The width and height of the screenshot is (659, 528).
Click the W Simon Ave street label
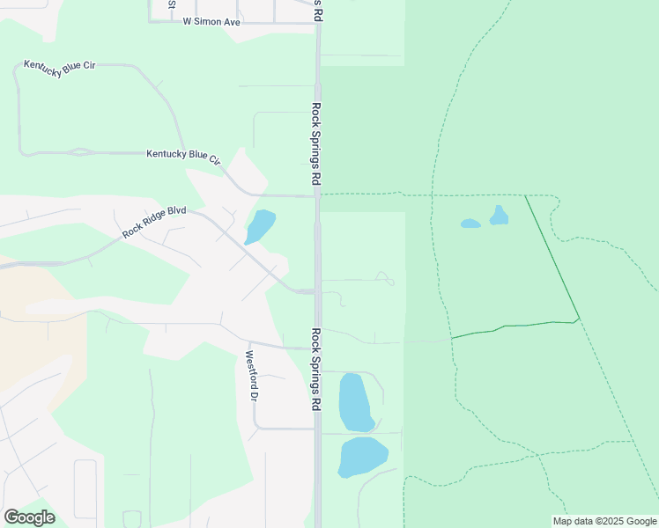[211, 21]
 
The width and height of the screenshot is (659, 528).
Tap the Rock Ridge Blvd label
[155, 221]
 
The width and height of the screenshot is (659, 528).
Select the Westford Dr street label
[251, 377]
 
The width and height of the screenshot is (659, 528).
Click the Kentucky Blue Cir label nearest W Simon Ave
[60, 70]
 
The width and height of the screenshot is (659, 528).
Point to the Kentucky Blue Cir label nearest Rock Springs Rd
[183, 156]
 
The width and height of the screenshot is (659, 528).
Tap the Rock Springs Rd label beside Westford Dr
[315, 370]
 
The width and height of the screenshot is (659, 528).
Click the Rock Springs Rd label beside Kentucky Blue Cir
[315, 143]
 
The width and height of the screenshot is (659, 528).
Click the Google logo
[29, 517]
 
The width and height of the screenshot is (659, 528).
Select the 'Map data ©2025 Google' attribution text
[605, 521]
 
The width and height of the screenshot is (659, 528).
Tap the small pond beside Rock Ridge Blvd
[260, 225]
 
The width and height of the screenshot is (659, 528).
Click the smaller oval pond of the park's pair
[470, 224]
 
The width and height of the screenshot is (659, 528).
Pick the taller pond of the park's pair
[500, 215]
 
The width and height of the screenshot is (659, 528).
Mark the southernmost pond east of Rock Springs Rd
[362, 457]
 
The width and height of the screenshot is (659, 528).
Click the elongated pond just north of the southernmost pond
[356, 402]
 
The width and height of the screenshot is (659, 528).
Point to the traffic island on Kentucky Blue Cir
[82, 152]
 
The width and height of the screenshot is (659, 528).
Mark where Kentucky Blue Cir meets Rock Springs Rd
[317, 196]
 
